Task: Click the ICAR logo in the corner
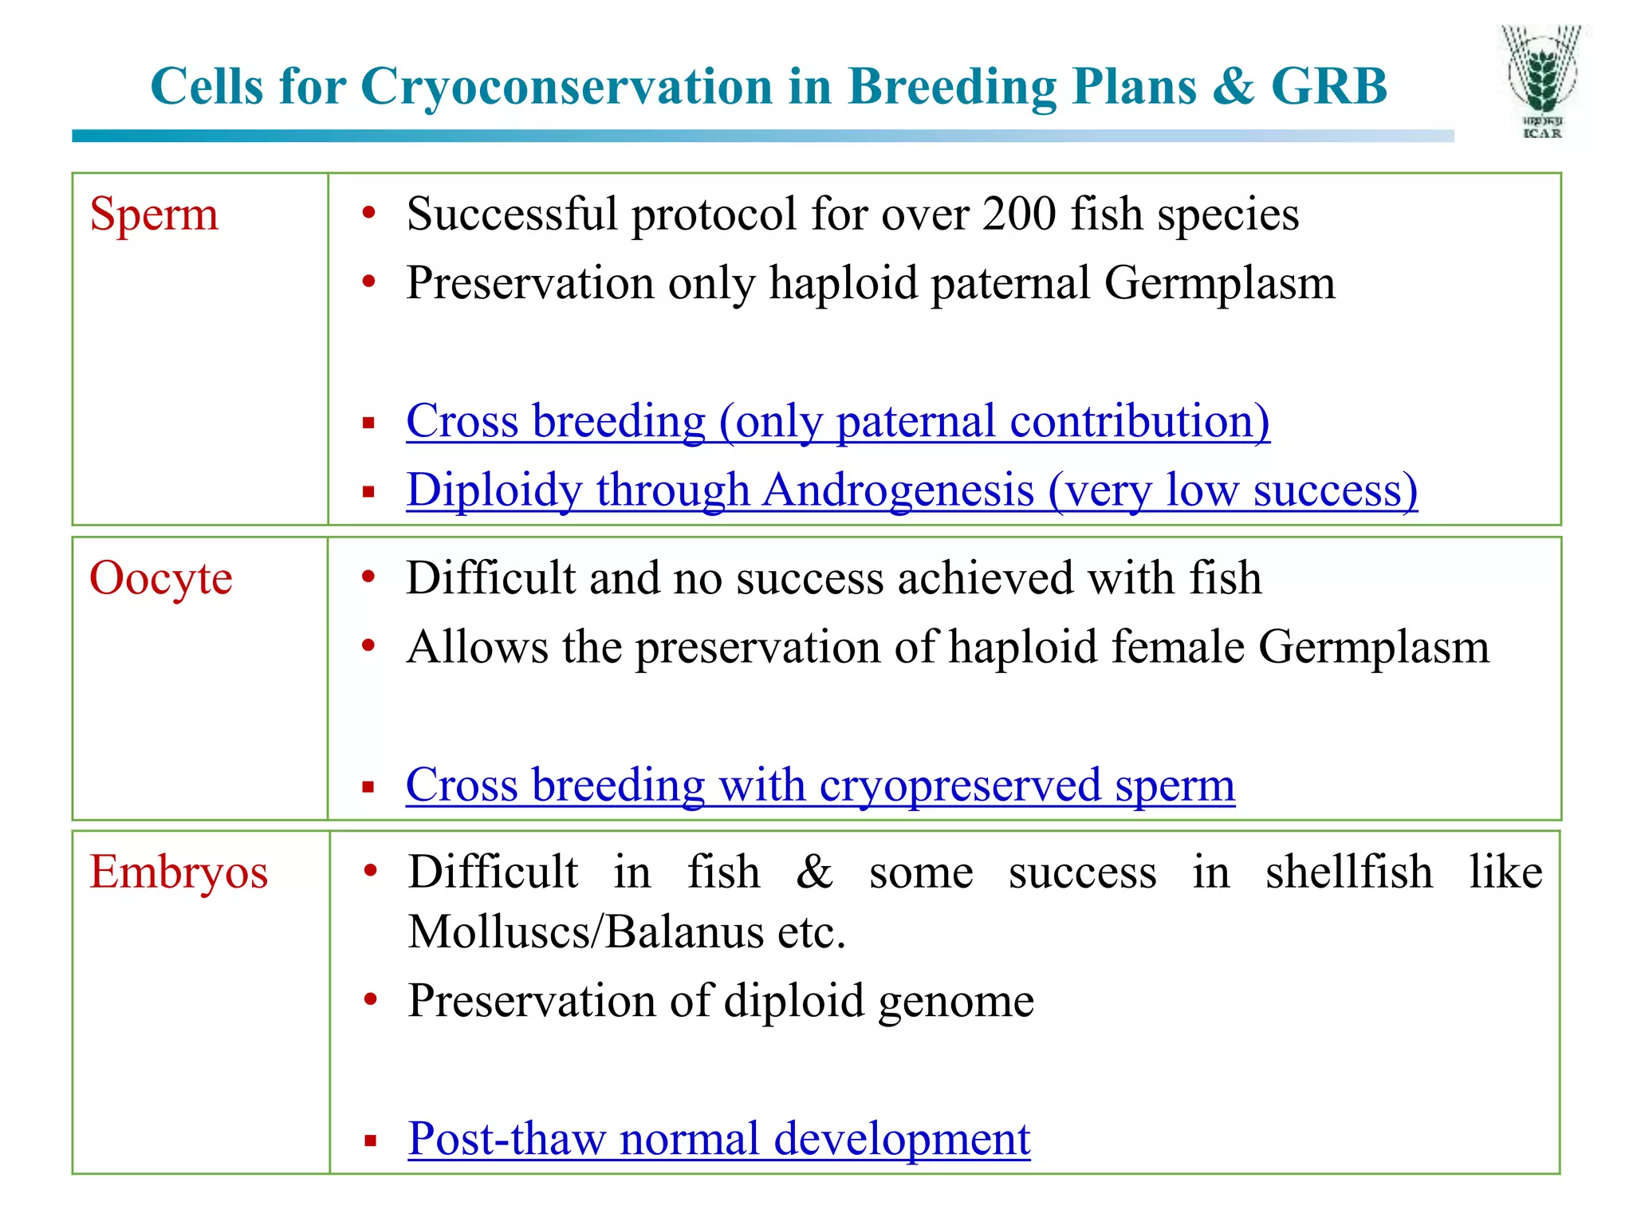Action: (x=1542, y=83)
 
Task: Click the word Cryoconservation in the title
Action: (x=568, y=86)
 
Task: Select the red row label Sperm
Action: (x=153, y=215)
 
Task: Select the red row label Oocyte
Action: (x=160, y=578)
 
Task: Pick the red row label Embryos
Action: (x=178, y=872)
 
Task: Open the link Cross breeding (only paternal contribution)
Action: (x=837, y=421)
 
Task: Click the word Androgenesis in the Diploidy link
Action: (x=898, y=490)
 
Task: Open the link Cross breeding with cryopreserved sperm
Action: (x=820, y=785)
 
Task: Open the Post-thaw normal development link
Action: (x=718, y=1138)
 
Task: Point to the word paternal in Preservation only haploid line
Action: (x=1010, y=283)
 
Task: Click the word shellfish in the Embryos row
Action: (x=1348, y=872)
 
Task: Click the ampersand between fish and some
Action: (x=814, y=872)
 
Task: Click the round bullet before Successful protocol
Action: (x=368, y=213)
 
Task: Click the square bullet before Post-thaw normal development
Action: (x=370, y=1140)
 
